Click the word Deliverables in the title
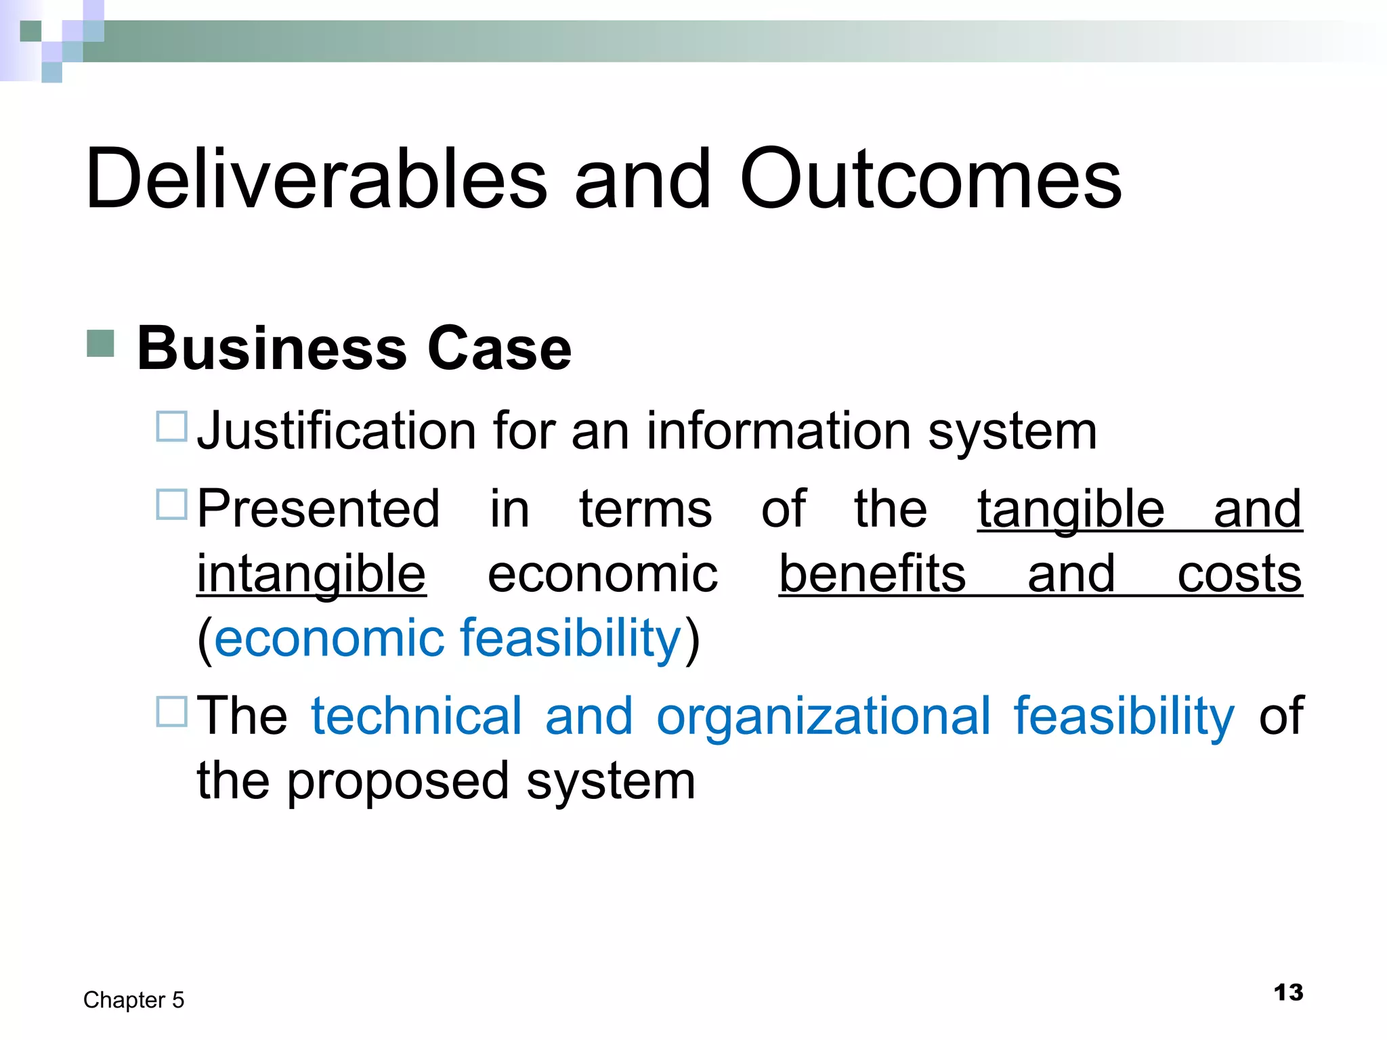[x=316, y=179]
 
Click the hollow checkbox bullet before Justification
[x=171, y=427]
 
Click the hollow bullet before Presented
[x=171, y=504]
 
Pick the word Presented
[x=318, y=508]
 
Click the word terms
[x=645, y=508]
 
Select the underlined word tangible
[x=1071, y=510]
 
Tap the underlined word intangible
[x=312, y=574]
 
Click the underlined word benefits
[x=872, y=573]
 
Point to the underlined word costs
[x=1239, y=575]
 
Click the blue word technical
[x=417, y=716]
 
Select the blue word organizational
[x=824, y=717]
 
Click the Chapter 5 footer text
[x=133, y=1000]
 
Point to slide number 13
[x=1288, y=993]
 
